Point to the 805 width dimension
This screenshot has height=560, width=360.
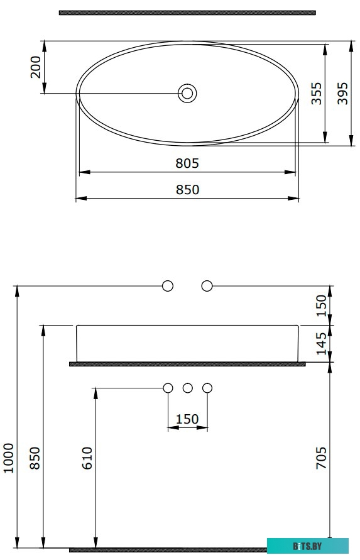(187, 163)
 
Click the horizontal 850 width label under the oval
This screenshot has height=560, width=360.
(187, 190)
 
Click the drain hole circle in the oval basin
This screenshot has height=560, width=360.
(187, 94)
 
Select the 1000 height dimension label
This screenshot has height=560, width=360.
(8, 458)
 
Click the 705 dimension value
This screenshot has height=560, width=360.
(321, 458)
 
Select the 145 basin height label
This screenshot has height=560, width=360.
(321, 344)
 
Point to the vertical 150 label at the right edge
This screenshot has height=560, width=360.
(321, 305)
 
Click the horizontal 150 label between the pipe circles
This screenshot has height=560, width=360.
(187, 419)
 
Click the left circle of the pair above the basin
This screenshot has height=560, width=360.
(168, 286)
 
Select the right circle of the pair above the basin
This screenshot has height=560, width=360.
(207, 286)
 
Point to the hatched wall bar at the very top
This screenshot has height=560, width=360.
(187, 12)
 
